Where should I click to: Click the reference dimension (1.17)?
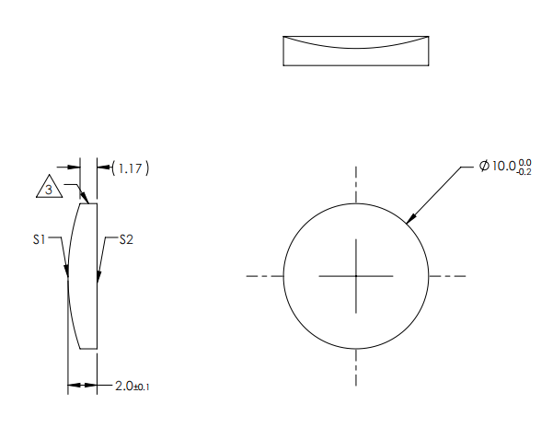[130, 168]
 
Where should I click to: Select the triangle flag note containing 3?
[49, 189]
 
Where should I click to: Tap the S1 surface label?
[39, 239]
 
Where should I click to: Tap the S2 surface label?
[127, 239]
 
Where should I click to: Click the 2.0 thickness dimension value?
[124, 386]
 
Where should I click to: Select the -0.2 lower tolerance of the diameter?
[524, 171]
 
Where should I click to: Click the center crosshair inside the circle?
[356, 275]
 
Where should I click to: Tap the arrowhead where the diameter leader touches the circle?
[410, 217]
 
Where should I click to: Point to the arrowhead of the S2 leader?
[98, 273]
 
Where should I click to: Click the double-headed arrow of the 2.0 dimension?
[82, 385]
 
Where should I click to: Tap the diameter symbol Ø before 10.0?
[484, 167]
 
